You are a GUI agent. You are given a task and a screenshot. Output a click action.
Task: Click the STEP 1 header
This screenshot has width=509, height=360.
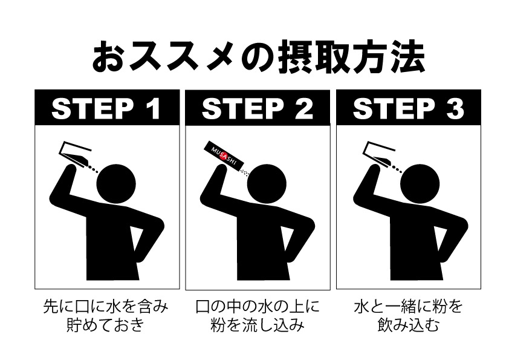[x=106, y=109]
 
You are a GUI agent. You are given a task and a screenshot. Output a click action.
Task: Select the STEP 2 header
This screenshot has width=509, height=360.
[x=258, y=109]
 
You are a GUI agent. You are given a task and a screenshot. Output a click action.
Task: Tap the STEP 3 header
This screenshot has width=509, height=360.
[x=408, y=109]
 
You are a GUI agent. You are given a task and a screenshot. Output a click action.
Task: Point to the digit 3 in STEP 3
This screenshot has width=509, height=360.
[x=454, y=110]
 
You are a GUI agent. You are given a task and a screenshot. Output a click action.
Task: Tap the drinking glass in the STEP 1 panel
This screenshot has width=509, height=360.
[x=72, y=152]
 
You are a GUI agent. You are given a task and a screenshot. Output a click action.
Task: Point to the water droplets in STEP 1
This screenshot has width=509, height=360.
[x=94, y=169]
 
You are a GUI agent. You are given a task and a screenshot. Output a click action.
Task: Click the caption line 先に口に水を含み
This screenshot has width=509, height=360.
[x=106, y=306]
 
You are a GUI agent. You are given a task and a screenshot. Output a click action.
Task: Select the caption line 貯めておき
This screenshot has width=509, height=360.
[x=106, y=326]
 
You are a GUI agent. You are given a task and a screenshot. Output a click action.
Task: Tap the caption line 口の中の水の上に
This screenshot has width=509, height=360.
[x=258, y=306]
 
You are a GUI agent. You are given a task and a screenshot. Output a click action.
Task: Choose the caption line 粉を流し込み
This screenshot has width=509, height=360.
[x=258, y=326]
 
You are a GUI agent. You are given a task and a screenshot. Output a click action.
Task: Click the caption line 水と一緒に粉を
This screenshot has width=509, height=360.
[x=408, y=306]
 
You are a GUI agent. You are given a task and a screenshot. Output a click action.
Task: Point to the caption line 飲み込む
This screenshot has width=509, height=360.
[x=408, y=326]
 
